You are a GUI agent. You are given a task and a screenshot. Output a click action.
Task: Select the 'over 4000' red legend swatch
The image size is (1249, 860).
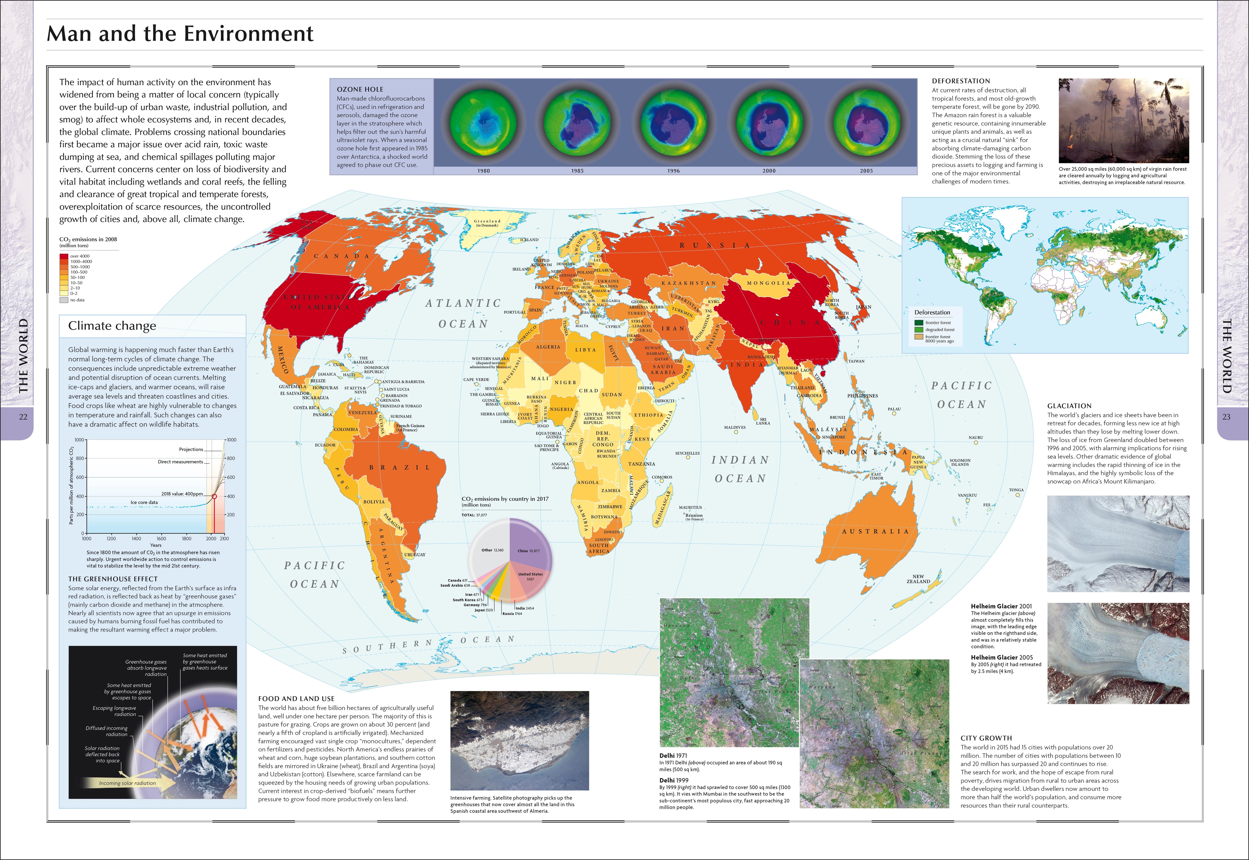coord(64,256)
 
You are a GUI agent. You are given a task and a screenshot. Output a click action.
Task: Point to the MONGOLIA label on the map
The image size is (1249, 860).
coord(768,283)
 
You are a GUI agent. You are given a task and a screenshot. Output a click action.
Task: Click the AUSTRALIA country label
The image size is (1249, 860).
coord(875,531)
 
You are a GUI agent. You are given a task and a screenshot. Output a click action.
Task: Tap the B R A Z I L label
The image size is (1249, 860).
coord(399,468)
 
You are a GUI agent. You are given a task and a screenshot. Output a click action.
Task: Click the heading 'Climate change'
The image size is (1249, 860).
coord(112,326)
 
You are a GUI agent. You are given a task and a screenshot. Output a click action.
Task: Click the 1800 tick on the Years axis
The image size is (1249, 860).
coord(187,538)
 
